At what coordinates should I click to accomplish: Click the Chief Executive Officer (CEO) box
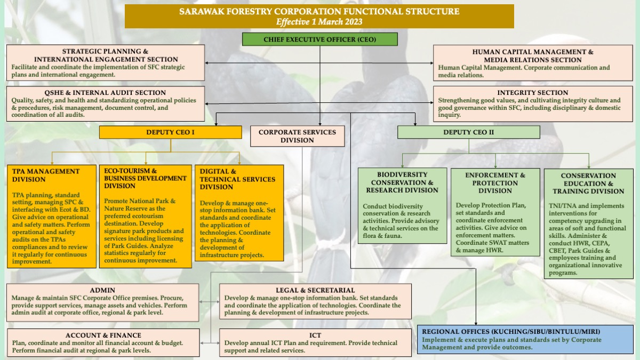point(319,39)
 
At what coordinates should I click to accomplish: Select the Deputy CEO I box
point(171,132)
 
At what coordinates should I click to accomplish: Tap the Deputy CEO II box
point(469,132)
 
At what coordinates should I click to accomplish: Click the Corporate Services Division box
point(298,136)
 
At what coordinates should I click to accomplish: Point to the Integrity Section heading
point(533,93)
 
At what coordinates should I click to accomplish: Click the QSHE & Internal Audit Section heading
point(105,93)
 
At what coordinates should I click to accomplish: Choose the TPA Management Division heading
point(46,175)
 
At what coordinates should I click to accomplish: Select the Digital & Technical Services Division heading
point(237,179)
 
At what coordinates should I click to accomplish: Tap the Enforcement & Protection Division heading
point(495,183)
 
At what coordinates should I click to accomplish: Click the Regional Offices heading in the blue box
point(511,332)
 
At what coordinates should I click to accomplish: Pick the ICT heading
point(315,335)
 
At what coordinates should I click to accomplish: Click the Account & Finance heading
point(103,335)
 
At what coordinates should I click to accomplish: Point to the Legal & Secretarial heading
point(315,290)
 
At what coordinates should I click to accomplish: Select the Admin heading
point(102,290)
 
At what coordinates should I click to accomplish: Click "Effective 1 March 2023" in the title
point(319,22)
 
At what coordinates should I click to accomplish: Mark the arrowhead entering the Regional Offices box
point(476,323)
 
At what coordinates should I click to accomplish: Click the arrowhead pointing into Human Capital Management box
point(431,63)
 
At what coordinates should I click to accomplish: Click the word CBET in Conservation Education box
point(557,251)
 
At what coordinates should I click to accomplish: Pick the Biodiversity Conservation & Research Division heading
point(402,182)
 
